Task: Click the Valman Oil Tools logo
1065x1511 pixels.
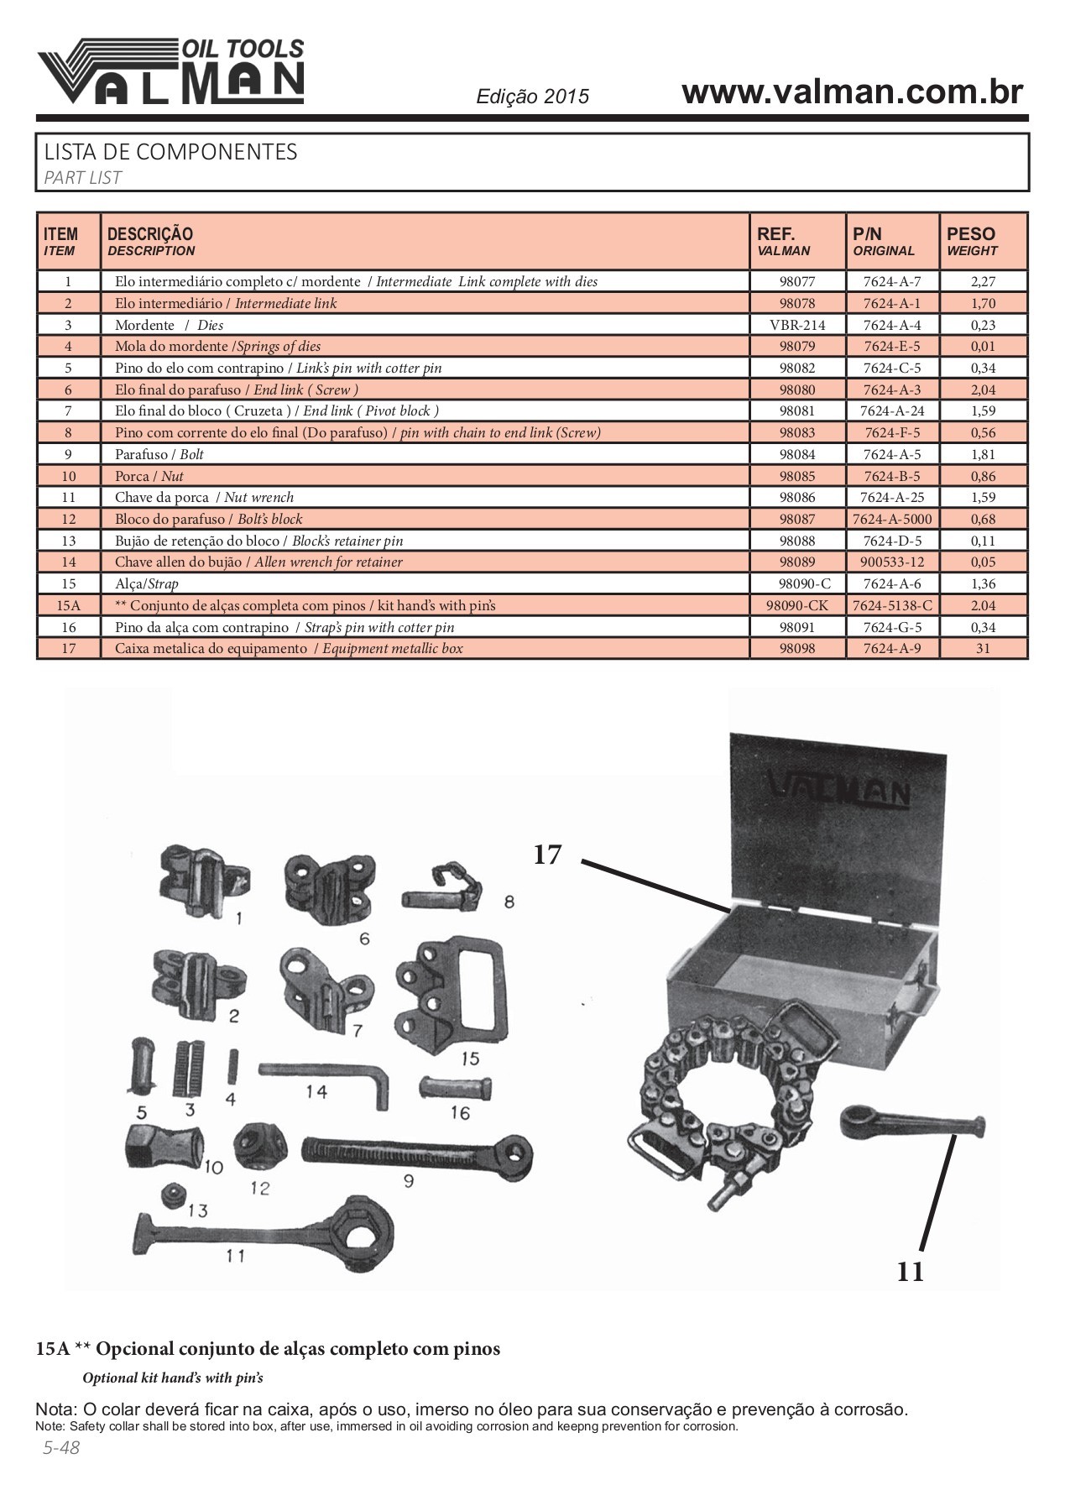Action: click(x=170, y=72)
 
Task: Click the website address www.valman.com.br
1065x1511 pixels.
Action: click(x=852, y=92)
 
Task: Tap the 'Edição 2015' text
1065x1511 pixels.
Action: click(x=533, y=97)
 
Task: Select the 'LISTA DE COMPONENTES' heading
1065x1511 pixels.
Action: click(x=170, y=152)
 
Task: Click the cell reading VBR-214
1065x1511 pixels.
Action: click(x=796, y=325)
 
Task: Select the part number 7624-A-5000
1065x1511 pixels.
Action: click(x=891, y=520)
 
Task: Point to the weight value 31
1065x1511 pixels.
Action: click(x=983, y=649)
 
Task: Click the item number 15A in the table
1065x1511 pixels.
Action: click(x=68, y=605)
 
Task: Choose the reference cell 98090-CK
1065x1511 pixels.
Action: click(x=796, y=605)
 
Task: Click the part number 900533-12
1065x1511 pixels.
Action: click(x=891, y=562)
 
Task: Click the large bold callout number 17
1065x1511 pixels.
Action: click(x=546, y=855)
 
